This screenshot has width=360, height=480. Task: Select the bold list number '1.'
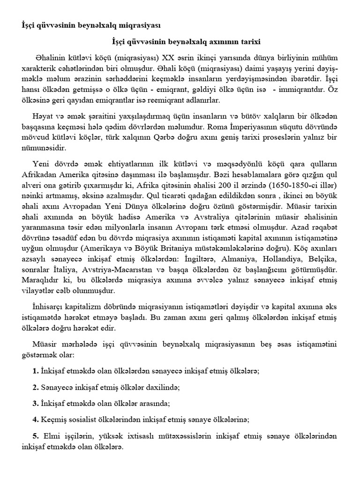36,370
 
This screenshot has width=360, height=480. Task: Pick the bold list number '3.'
36,403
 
